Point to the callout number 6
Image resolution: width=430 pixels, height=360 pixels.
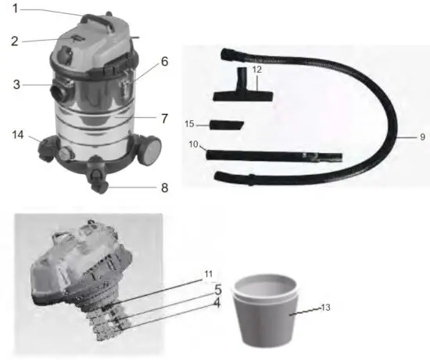pyautogui.click(x=164, y=60)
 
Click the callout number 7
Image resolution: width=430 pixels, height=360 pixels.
pyautogui.click(x=164, y=118)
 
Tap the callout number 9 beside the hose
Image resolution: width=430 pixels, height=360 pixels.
pyautogui.click(x=421, y=137)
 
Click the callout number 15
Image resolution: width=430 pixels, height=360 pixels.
pyautogui.click(x=188, y=124)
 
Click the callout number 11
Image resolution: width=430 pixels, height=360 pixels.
pyautogui.click(x=207, y=273)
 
